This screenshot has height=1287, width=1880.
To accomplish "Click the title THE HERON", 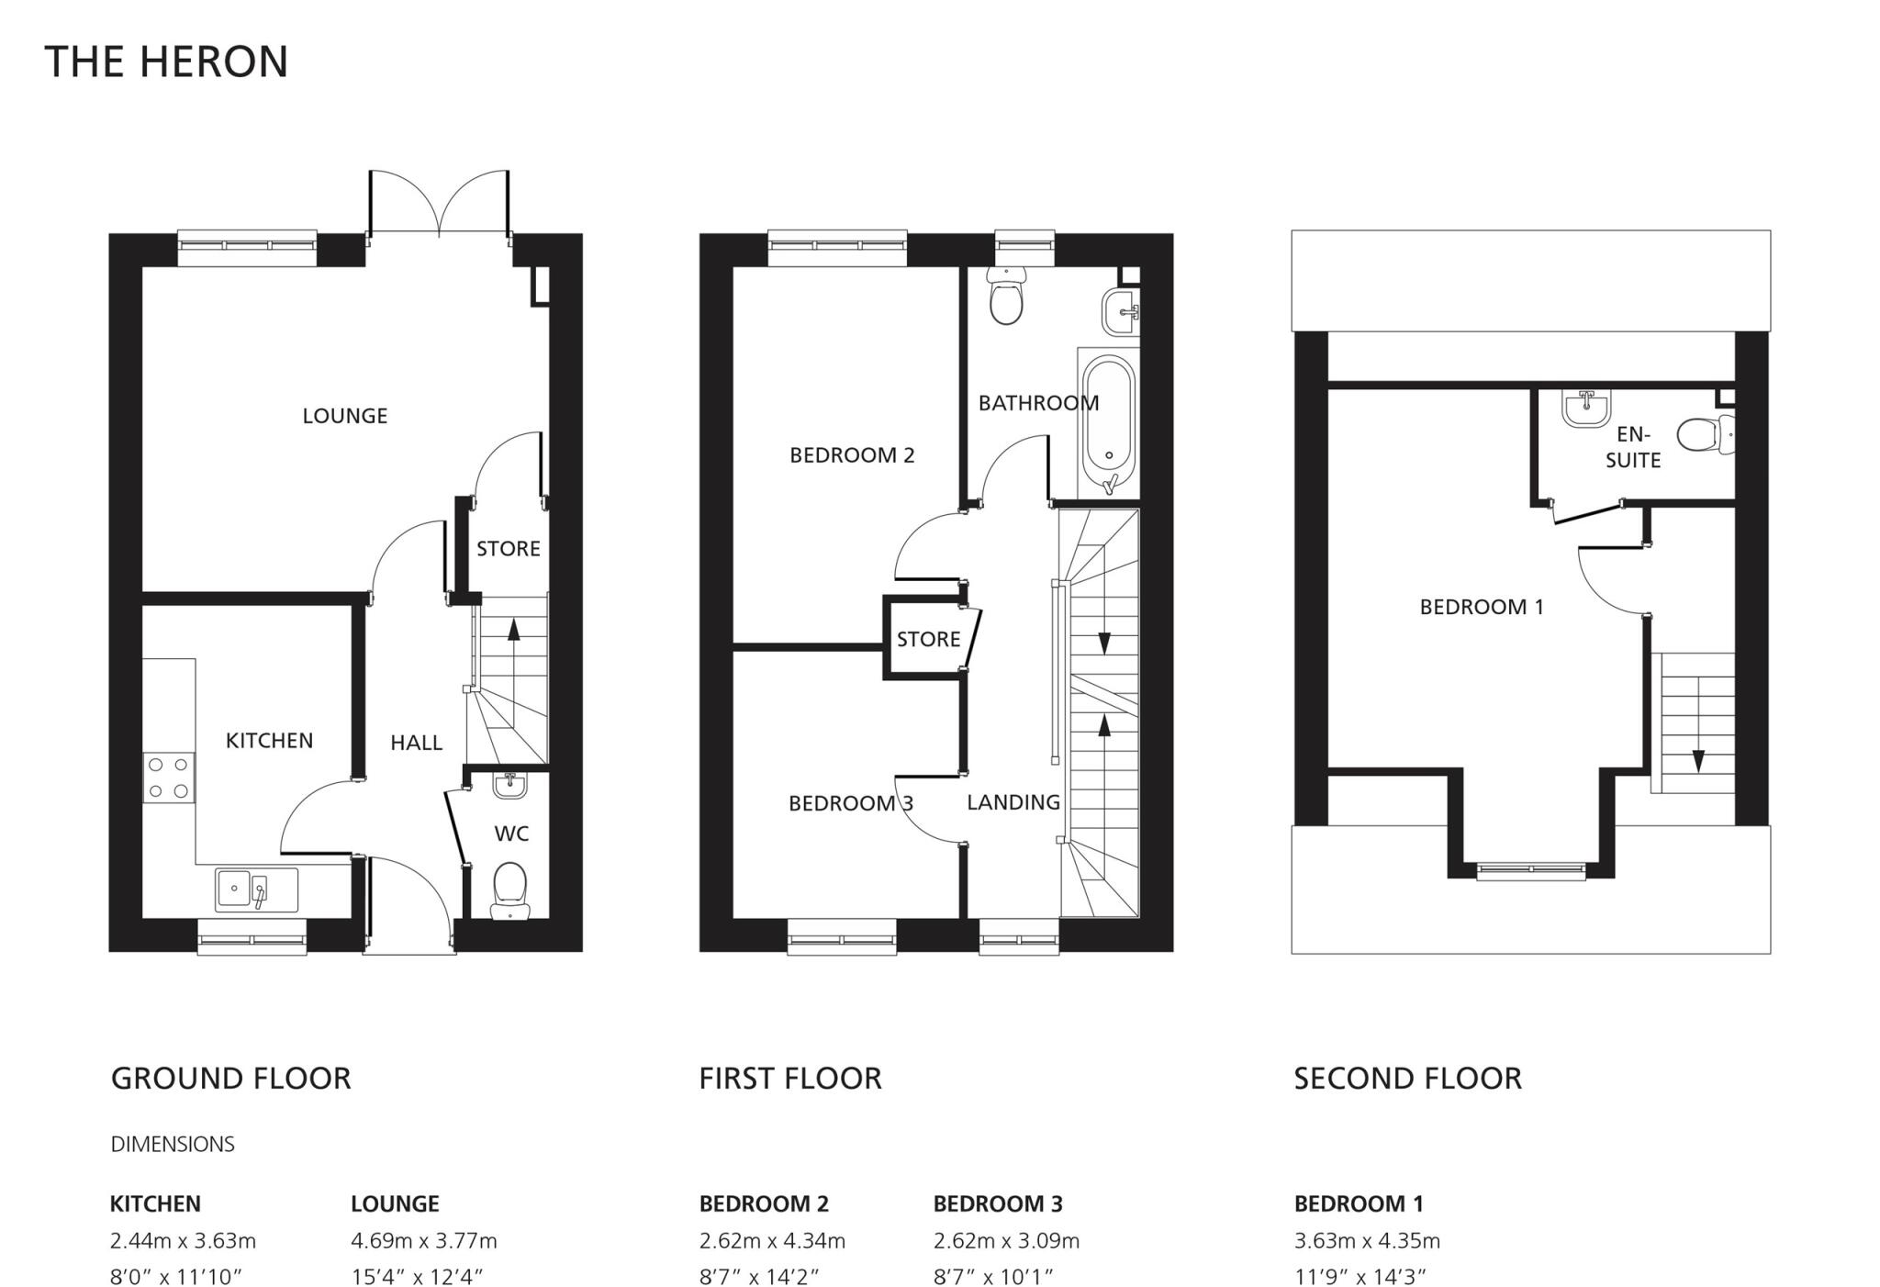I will coord(166,62).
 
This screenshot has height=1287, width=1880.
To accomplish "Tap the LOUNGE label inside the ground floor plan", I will coord(345,416).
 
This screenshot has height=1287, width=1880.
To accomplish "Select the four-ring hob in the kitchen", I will coord(169,777).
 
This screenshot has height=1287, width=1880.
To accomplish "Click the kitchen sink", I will coord(256,890).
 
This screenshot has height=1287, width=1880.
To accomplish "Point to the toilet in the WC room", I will coord(509,889).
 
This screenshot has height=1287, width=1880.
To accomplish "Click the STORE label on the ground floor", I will coord(509,549).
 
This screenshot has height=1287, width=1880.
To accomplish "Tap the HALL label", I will coord(416,743).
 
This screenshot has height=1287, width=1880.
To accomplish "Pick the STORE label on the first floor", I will coord(928,639).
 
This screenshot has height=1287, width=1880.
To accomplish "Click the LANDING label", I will coord(1013,802).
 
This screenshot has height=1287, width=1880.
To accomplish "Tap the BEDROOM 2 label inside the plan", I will coord(852,455).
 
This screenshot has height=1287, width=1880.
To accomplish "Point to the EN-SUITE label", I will coord(1633,447).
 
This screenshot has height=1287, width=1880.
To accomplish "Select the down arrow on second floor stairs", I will coord(1698,760).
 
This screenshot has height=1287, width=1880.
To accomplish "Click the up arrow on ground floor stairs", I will coord(512,629).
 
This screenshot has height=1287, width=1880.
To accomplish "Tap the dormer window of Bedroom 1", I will coord(1531,870).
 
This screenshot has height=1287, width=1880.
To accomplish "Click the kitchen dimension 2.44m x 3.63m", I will coord(183,1241).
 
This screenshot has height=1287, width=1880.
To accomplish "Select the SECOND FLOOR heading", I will coord(1407,1078).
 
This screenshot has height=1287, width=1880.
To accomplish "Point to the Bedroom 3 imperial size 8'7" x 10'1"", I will coord(992,1276).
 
